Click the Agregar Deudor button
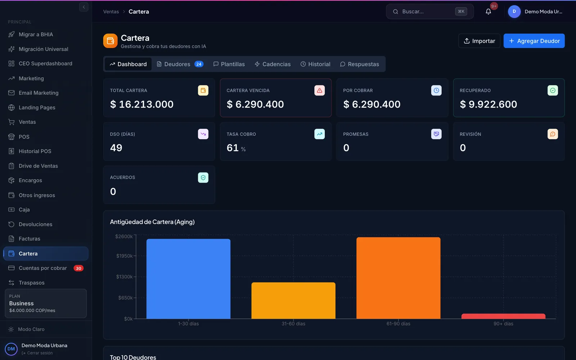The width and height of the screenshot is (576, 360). click(x=534, y=41)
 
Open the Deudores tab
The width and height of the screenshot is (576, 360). click(x=180, y=64)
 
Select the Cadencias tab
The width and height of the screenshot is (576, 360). click(x=273, y=64)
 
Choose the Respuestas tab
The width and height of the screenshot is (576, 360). click(x=360, y=64)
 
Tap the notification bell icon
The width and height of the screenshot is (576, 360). click(x=488, y=12)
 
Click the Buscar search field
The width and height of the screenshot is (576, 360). click(x=430, y=12)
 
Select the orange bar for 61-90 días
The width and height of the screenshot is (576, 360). click(x=398, y=278)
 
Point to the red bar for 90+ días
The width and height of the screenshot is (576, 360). click(x=503, y=316)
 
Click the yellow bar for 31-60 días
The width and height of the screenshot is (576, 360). click(x=293, y=301)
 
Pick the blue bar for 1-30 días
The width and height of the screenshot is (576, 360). click(x=189, y=279)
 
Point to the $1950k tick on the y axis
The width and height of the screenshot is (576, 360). click(x=124, y=256)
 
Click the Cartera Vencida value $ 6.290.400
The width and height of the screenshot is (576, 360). click(x=255, y=104)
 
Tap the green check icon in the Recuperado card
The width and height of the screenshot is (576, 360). click(x=553, y=90)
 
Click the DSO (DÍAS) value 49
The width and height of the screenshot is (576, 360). click(x=116, y=148)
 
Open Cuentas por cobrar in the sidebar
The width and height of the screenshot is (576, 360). click(x=43, y=268)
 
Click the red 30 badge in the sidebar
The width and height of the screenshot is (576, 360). click(x=78, y=268)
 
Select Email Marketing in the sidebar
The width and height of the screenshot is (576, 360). click(x=38, y=93)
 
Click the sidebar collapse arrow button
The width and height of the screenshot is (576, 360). click(x=84, y=7)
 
